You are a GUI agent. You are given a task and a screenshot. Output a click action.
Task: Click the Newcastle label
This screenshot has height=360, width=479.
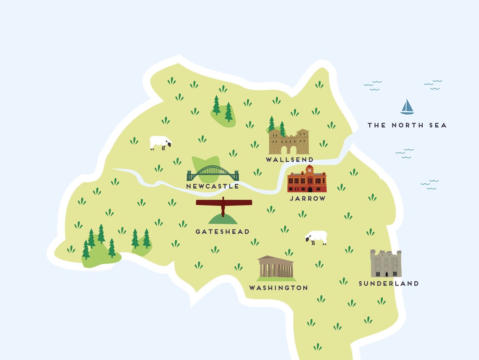(213, 186)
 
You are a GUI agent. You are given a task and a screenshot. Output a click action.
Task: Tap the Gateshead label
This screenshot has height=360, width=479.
(222, 231)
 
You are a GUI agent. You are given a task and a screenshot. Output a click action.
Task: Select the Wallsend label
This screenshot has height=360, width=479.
(290, 160)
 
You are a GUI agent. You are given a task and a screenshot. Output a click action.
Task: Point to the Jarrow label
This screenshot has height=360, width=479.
(308, 198)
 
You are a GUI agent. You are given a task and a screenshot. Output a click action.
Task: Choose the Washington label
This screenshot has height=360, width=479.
(278, 288)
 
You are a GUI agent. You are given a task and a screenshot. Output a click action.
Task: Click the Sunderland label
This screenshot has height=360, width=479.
(388, 284)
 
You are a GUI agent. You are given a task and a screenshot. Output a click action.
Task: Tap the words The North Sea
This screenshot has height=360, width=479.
(407, 125)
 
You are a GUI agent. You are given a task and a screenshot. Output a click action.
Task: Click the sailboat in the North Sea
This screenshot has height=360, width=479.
(407, 108)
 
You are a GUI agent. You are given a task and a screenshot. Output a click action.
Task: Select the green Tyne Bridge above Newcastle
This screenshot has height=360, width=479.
(213, 173)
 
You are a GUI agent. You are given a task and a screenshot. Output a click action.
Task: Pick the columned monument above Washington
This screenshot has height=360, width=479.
(276, 268)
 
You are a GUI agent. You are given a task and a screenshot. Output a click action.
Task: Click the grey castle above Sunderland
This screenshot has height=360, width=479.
(386, 263)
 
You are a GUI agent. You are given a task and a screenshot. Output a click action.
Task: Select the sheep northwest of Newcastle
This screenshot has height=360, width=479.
(160, 142)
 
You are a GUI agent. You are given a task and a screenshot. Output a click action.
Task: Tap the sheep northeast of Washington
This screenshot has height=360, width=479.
(316, 237)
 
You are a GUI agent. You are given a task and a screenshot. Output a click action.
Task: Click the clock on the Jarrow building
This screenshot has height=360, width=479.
(310, 170)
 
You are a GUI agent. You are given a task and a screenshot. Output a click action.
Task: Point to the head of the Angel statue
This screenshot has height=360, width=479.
(224, 198)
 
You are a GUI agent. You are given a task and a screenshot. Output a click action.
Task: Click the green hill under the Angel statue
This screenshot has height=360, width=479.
(223, 220)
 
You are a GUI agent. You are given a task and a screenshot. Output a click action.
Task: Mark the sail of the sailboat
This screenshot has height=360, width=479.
(408, 105)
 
